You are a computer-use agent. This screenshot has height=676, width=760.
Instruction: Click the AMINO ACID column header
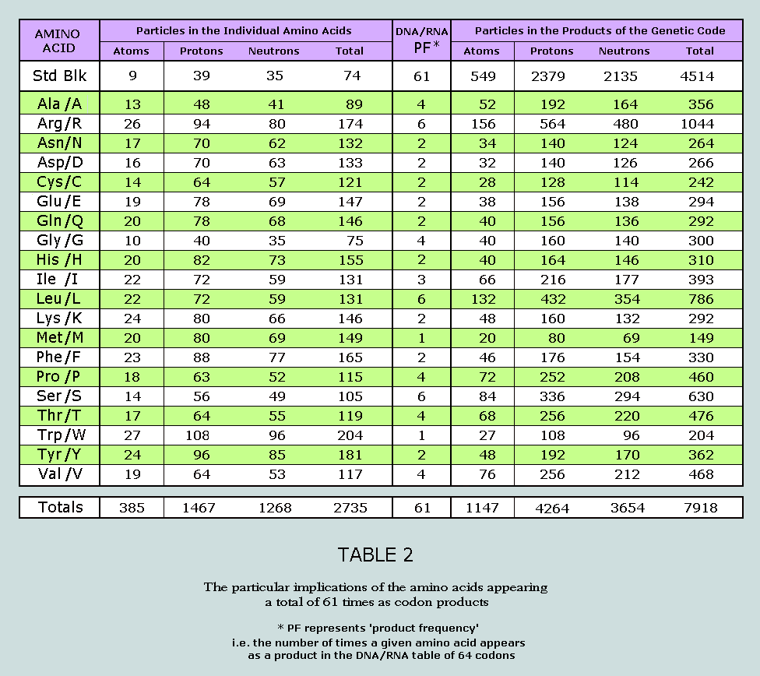pos(58,40)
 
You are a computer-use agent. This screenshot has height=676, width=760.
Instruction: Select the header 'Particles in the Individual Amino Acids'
pos(244,31)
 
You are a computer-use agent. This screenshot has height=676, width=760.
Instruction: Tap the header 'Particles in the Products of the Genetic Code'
pos(600,31)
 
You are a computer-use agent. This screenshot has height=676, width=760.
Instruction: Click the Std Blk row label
pos(60,76)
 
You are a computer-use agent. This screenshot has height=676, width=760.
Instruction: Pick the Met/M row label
pos(60,337)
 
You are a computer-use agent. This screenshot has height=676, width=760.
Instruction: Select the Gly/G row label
pos(60,240)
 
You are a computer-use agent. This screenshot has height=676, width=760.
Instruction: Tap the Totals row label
pos(61,507)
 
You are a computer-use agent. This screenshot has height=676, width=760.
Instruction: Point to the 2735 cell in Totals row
pos(349,508)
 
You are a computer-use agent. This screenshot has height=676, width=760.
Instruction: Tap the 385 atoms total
pos(132,508)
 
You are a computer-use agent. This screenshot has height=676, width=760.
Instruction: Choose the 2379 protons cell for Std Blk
pos(551,76)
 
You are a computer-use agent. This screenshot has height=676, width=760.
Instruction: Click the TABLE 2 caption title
pos(375,555)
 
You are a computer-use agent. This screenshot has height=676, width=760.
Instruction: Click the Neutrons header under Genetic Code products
pos(624,51)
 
